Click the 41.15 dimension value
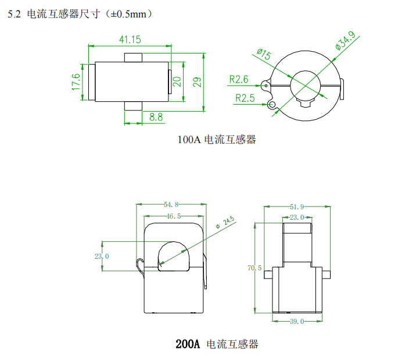pos(130,40)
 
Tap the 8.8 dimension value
pos(156,117)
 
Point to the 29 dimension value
pos(197,81)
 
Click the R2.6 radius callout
pos(238,79)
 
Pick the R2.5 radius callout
pos(245,98)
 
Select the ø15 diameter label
pos(263,55)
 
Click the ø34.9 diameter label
pos(346,44)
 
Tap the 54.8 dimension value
pos(171,204)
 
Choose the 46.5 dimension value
pos(173,216)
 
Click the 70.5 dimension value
pos(254,268)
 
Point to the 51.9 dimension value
pos(297,206)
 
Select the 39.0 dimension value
pos(296,321)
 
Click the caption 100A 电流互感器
pos(217,140)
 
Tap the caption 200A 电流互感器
pos(217,344)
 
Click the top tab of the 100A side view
pos(134,57)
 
